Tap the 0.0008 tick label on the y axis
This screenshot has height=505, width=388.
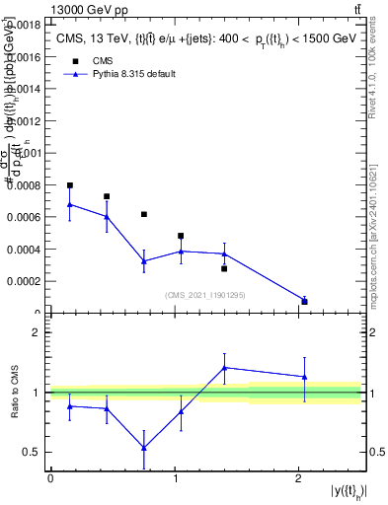(x=23, y=185)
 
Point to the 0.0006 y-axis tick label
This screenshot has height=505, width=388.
(x=23, y=217)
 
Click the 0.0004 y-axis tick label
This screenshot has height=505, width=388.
(x=23, y=249)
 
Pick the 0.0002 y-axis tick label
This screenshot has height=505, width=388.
(x=23, y=281)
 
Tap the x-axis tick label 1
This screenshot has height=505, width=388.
(x=175, y=477)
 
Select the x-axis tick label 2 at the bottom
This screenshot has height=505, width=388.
(x=299, y=477)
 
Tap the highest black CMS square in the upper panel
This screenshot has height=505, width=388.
(x=70, y=185)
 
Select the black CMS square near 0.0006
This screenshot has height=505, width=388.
(x=144, y=214)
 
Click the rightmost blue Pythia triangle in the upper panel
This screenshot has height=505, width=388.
(x=304, y=300)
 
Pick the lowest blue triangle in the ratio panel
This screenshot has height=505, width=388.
(x=144, y=448)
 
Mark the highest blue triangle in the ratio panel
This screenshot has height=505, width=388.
(x=225, y=368)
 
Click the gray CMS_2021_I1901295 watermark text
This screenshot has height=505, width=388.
(x=205, y=295)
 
